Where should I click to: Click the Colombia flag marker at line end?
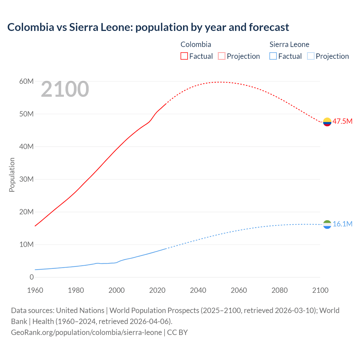pyautogui.click(x=327, y=122)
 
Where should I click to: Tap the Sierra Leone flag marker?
pyautogui.click(x=327, y=224)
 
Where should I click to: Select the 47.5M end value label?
pyautogui.click(x=342, y=121)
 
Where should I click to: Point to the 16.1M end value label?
pyautogui.click(x=342, y=224)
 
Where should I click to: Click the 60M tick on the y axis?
pyautogui.click(x=26, y=82)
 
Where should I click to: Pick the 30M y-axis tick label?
pyautogui.click(x=26, y=179)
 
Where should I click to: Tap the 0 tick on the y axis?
pyautogui.click(x=31, y=277)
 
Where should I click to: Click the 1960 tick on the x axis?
pyautogui.click(x=35, y=290)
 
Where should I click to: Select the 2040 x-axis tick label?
pyautogui.click(x=198, y=290)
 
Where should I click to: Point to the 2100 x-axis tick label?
pyautogui.click(x=320, y=290)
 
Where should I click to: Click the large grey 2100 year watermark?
pyautogui.click(x=65, y=89)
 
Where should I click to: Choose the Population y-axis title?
pyautogui.click(x=12, y=175)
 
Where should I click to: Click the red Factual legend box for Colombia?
pyautogui.click(x=184, y=56)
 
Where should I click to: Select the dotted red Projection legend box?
pyautogui.click(x=222, y=56)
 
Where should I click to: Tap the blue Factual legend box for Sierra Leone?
pyautogui.click(x=273, y=56)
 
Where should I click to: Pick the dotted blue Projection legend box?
pyautogui.click(x=311, y=56)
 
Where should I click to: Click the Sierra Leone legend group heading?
pyautogui.click(x=289, y=44)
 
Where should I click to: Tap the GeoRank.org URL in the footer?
pyautogui.click(x=86, y=332)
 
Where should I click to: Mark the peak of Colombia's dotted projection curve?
pyautogui.click(x=221, y=82)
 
